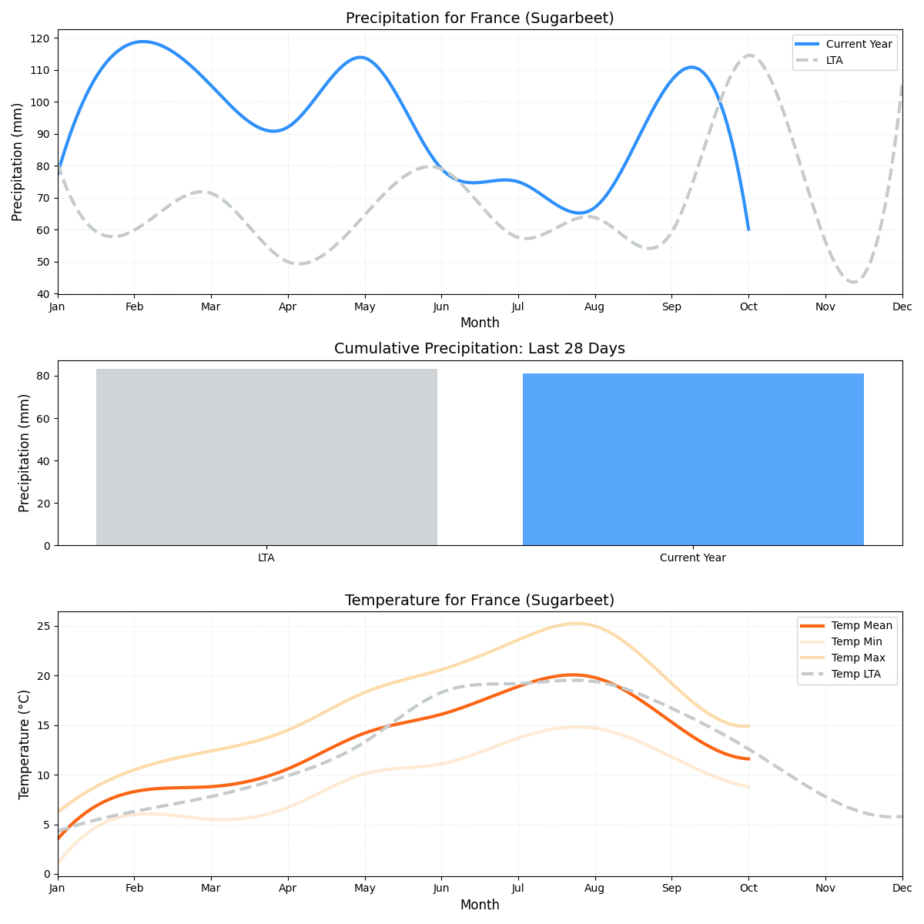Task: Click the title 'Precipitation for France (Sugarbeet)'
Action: click(479, 18)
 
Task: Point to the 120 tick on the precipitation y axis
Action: click(42, 38)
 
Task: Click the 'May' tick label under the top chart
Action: click(364, 306)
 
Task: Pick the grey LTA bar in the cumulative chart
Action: click(266, 457)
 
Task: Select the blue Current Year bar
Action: click(693, 460)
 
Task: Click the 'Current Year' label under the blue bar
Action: click(692, 558)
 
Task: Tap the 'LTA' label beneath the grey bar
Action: click(266, 558)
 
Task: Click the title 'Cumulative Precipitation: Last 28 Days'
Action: click(479, 349)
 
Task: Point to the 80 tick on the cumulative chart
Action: click(43, 377)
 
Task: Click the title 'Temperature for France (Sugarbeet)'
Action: click(479, 601)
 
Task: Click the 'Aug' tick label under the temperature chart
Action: click(594, 888)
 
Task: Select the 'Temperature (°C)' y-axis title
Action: click(25, 744)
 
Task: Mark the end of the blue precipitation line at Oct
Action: click(748, 229)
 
